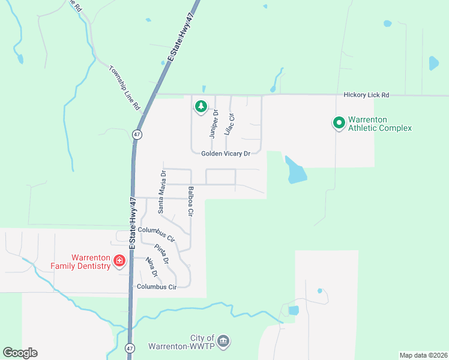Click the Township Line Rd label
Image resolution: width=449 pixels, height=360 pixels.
124,87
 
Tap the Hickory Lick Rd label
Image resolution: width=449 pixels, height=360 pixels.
366,95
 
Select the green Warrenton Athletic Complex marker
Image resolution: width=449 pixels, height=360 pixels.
339,123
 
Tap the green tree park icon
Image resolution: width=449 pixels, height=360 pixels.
200,107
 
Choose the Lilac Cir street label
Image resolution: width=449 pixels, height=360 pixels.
229,124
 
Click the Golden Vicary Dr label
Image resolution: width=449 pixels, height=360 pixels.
225,154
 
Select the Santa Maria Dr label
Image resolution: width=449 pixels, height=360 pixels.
161,192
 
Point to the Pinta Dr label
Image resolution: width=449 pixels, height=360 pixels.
161,254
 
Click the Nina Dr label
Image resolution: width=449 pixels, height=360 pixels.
151,268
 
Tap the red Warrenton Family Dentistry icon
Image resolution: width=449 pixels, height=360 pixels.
119,260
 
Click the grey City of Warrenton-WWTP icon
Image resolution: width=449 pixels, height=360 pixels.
223,341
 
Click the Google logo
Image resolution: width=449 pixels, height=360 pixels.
20,353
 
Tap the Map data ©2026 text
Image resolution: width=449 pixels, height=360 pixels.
423,355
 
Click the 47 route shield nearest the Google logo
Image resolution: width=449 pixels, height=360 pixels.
130,348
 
